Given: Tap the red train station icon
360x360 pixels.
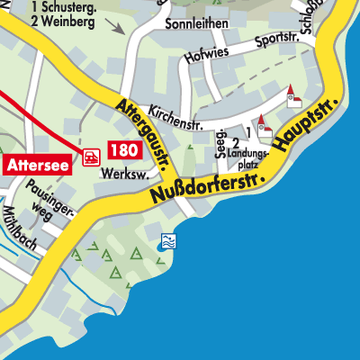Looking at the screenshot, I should click(91, 157).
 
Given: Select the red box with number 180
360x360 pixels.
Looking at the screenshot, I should click(123, 150).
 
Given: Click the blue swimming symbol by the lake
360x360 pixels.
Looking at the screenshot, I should click(166, 240).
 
